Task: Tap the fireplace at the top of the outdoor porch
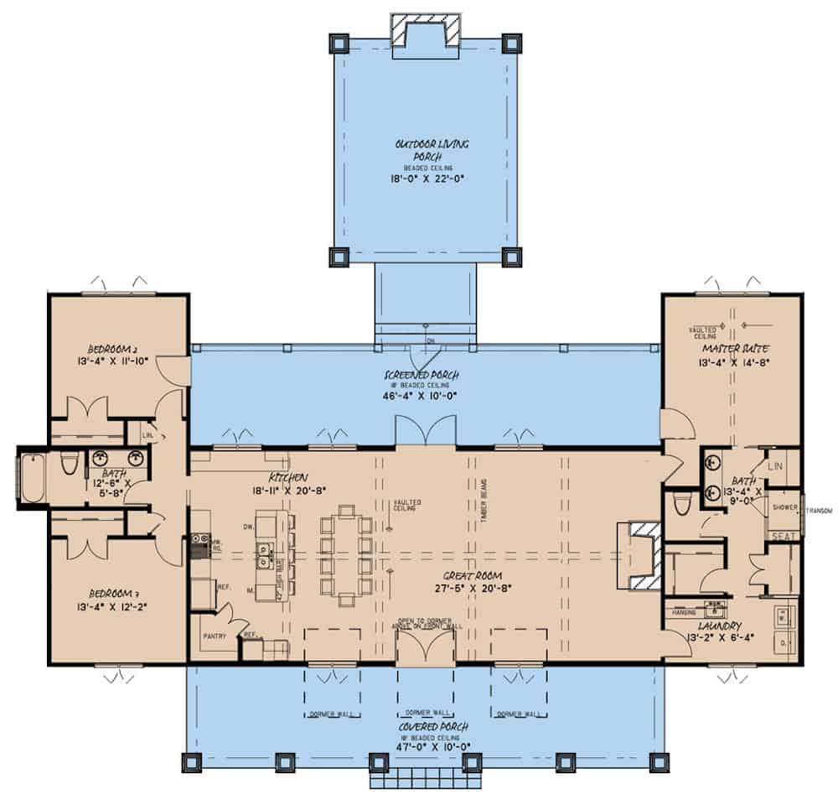tap(426, 30)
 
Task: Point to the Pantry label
tap(215, 636)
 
